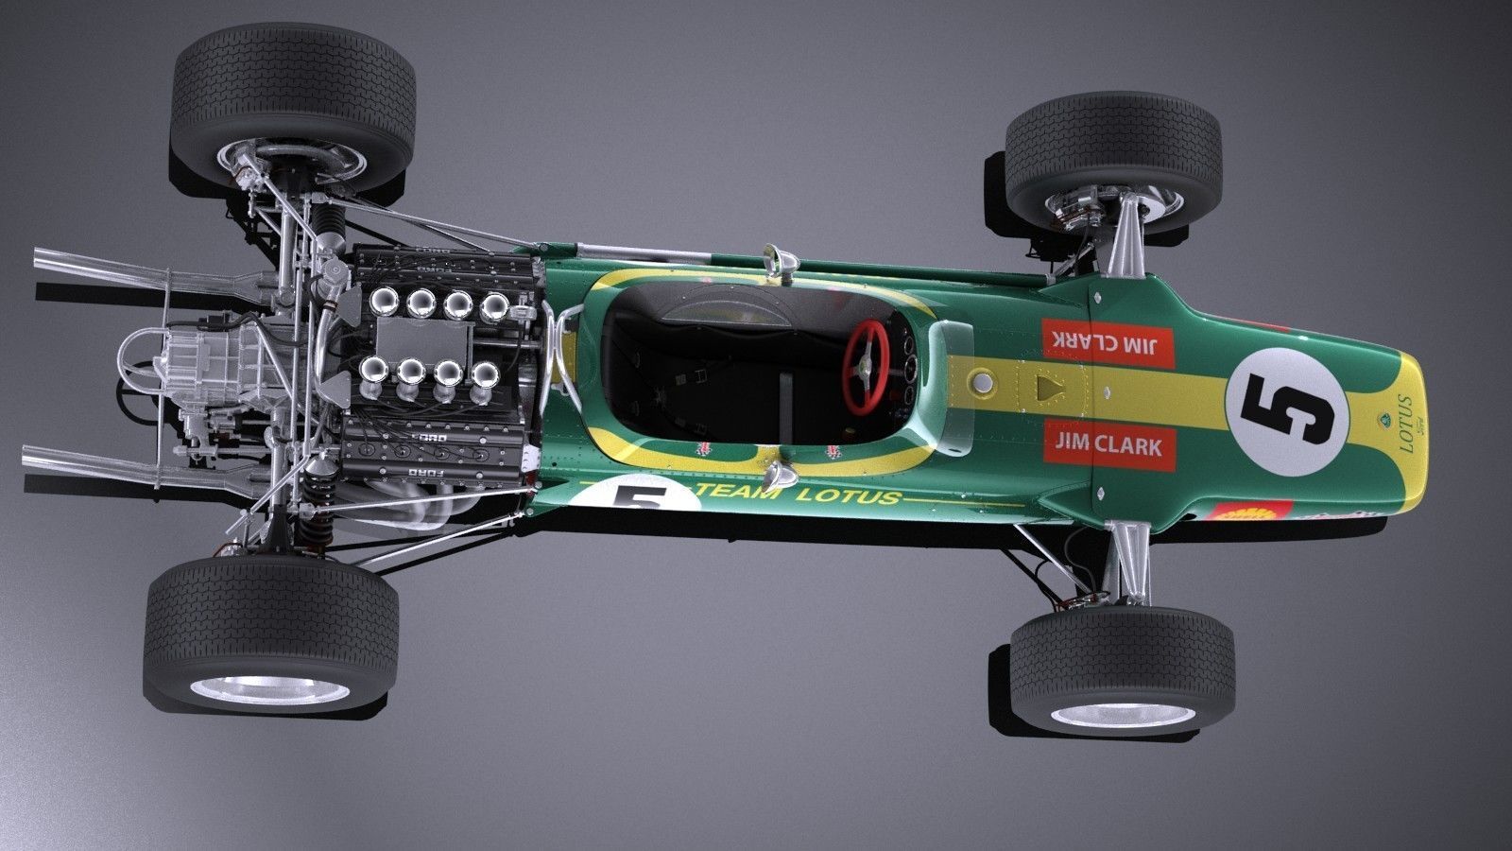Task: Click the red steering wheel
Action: (866, 367)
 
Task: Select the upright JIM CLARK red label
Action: (1109, 444)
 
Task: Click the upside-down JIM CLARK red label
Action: (1108, 342)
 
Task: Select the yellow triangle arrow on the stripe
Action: (1047, 387)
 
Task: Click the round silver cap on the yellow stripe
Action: (983, 382)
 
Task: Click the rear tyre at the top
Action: (295, 95)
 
